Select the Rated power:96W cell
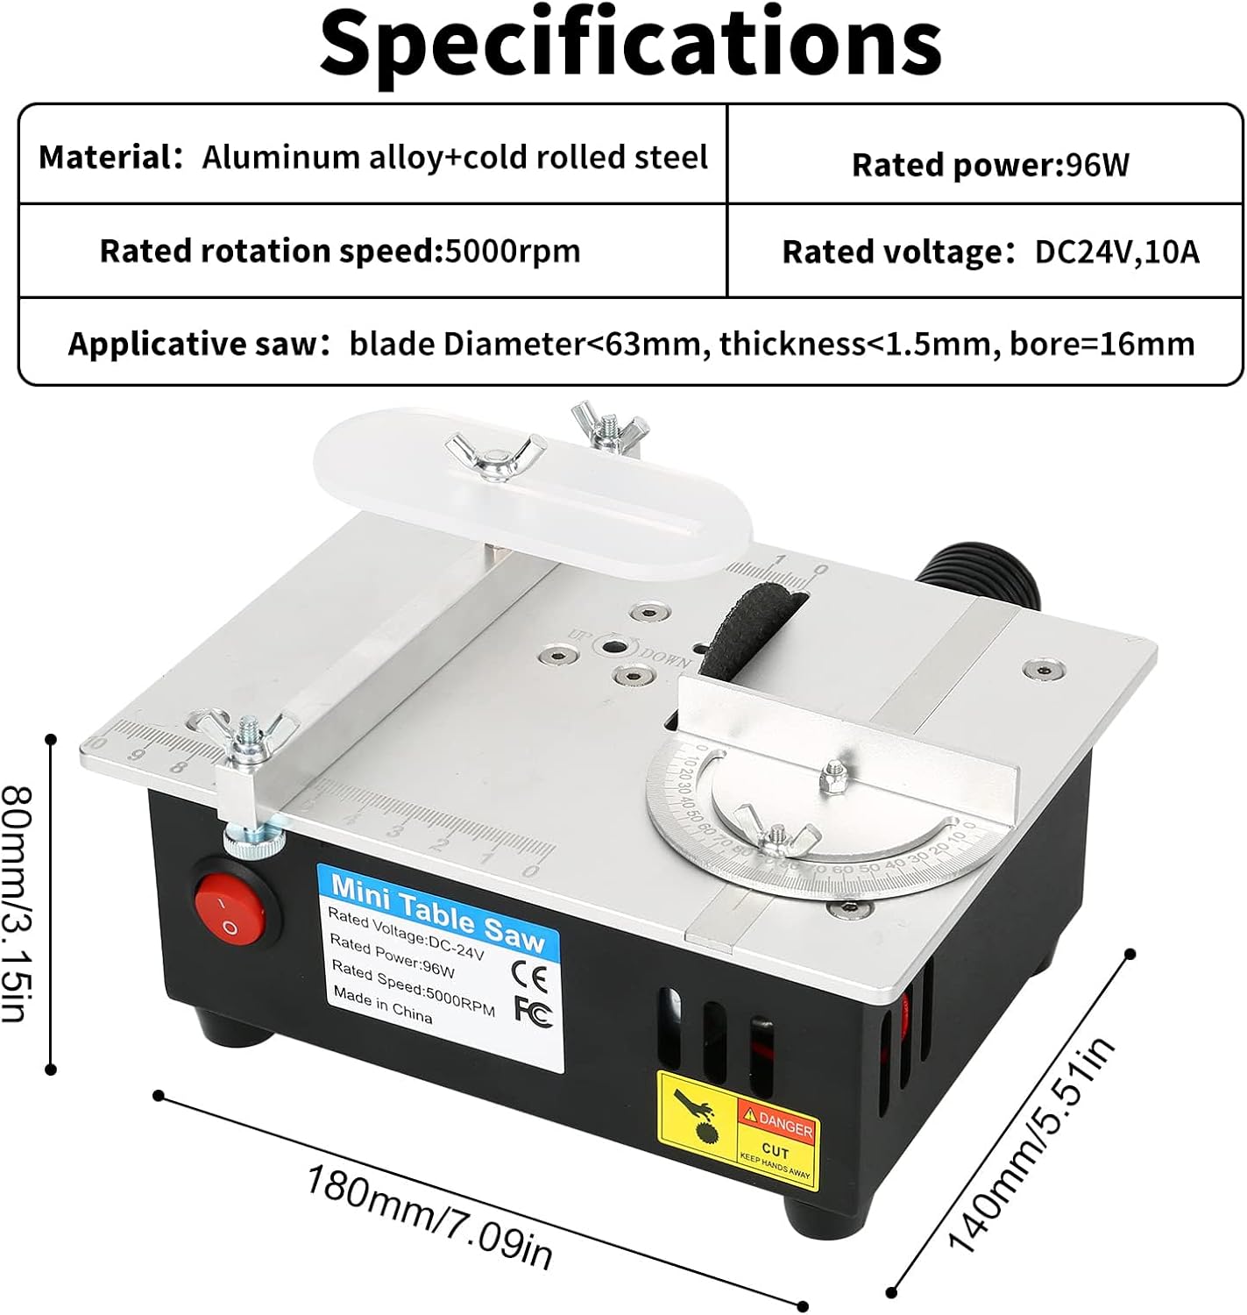pos(990,165)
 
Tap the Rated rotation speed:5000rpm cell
pos(340,252)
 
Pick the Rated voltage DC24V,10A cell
pos(990,252)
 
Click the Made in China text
pos(382,1004)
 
